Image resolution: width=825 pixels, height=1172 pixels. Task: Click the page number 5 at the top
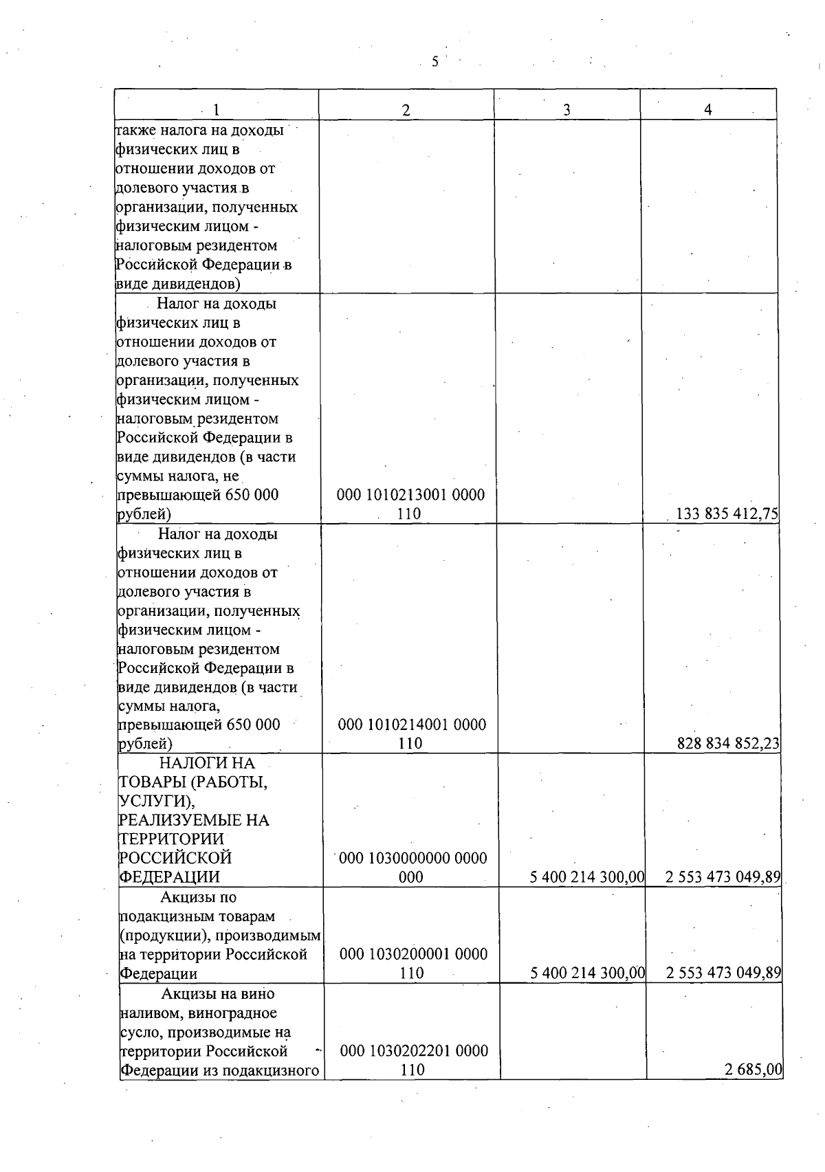coord(434,62)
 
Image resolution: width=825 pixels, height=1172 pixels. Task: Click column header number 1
coord(217,110)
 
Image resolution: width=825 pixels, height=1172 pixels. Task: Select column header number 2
coord(406,110)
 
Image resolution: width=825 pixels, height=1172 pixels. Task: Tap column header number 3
coord(566,110)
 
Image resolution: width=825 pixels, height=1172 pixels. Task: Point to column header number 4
coord(708,110)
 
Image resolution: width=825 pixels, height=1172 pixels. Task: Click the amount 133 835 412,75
coord(727,513)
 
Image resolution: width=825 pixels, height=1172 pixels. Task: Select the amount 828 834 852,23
coord(728,743)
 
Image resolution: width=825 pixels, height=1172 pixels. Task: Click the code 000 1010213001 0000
coord(410,495)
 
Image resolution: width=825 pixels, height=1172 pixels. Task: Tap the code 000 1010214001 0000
coord(412,725)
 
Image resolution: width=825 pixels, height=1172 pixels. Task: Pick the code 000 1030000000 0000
coord(413,858)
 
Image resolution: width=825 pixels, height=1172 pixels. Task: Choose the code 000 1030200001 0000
coord(414,954)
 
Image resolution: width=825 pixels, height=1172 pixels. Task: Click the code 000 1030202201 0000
coord(414,1050)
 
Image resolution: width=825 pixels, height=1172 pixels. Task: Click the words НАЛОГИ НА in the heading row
coord(207,763)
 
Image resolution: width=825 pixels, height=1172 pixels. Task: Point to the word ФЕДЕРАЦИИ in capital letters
coord(170,877)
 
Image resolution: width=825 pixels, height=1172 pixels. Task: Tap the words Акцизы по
coord(199,897)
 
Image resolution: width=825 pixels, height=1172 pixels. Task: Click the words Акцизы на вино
coord(218,993)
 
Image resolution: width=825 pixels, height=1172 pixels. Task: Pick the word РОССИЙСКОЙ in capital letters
coord(175,858)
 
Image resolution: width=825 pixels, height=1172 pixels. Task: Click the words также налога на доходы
coord(199,130)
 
